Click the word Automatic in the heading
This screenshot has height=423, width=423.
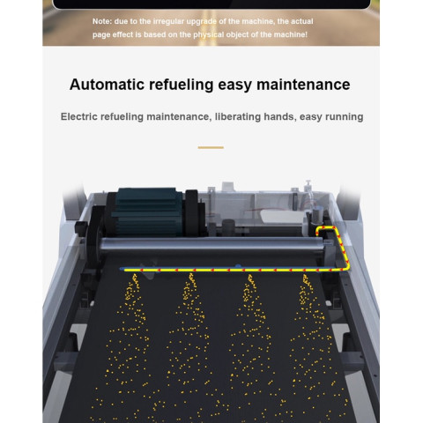pos(108,85)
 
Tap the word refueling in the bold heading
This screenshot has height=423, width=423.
pos(182,85)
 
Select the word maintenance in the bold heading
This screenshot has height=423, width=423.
pos(303,85)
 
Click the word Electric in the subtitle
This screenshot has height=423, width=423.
pos(78,116)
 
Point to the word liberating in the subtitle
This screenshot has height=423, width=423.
pos(237,117)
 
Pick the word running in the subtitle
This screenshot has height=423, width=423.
pos(346,117)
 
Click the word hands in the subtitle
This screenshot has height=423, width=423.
pos(279,116)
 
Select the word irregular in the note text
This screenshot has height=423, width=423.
pos(169,21)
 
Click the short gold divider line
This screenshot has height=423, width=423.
pos(211,147)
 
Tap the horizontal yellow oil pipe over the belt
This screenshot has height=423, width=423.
pos(235,270)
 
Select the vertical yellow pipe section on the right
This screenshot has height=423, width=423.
pos(343,249)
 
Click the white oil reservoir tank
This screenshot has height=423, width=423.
pos(282,217)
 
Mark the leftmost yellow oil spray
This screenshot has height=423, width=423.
pos(125,346)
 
